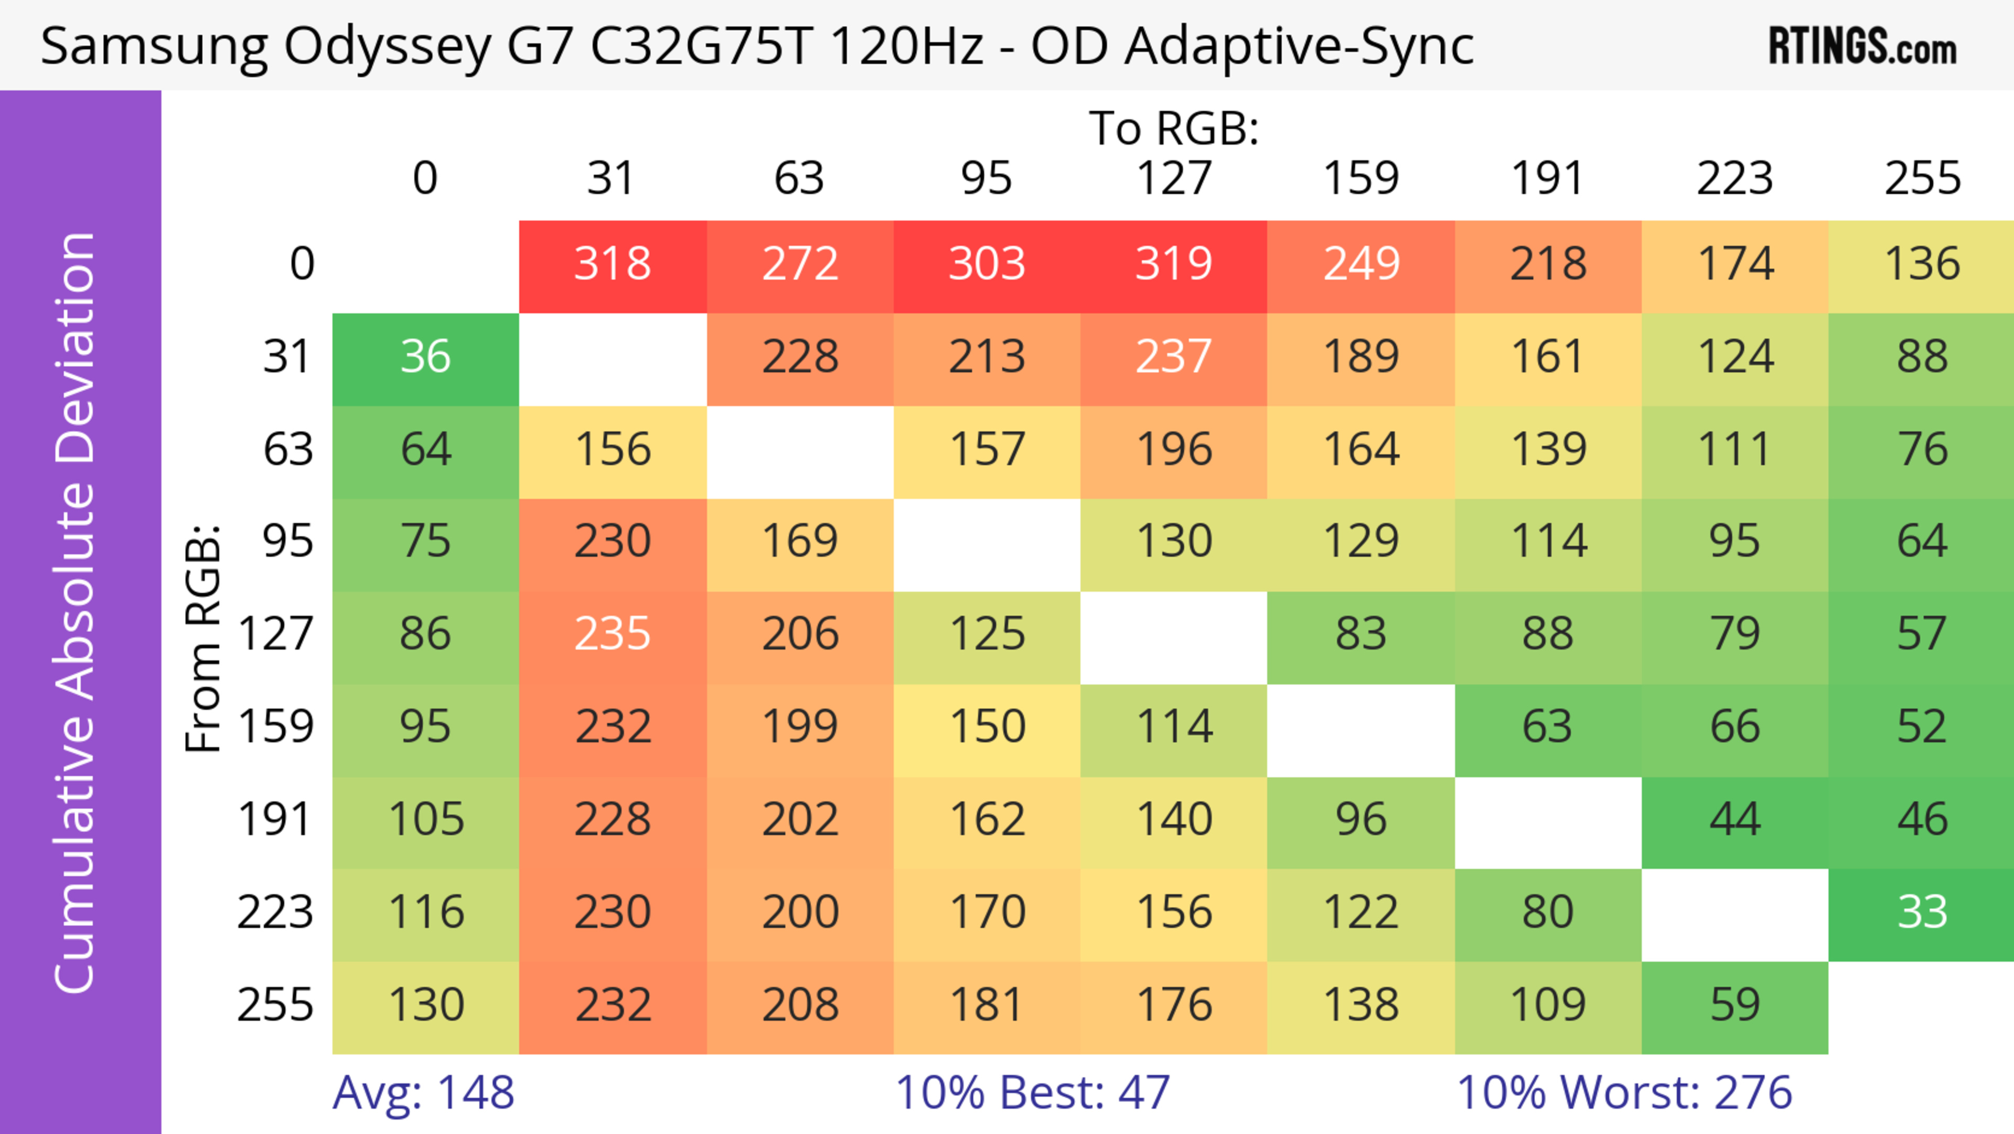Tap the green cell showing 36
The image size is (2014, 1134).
pos(425,357)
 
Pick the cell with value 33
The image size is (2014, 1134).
pos(1922,913)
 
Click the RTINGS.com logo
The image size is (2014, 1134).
pos(1862,46)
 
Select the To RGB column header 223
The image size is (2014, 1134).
pos(1735,178)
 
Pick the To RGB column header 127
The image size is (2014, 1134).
pos(1174,178)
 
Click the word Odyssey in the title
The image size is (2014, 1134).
pos(387,47)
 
